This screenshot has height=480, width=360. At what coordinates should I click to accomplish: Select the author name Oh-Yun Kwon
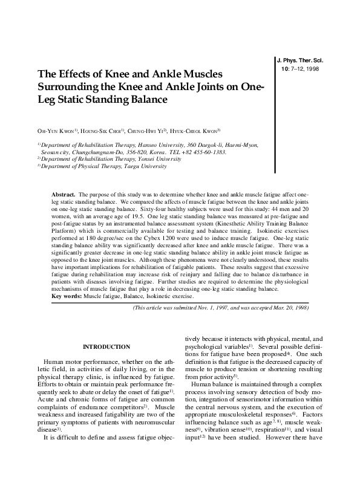point(55,131)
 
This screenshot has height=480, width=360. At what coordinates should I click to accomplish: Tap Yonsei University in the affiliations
point(154,159)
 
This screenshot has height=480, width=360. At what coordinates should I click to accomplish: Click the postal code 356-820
point(140,152)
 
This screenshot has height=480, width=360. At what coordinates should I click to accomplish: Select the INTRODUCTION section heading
point(106,346)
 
